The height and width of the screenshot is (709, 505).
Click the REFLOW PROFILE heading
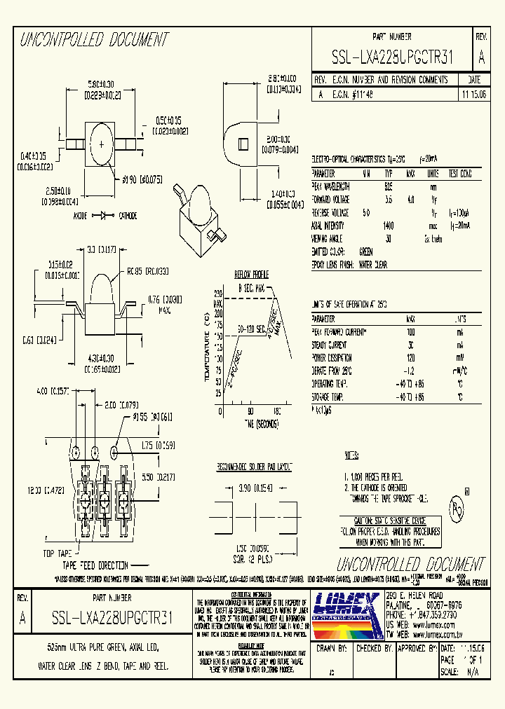[x=251, y=275]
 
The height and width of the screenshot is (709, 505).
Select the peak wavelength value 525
[x=388, y=187]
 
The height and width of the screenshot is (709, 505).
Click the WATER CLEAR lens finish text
[x=372, y=265]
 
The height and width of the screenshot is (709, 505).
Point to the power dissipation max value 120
[x=411, y=358]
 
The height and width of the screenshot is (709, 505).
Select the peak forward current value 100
[x=411, y=331]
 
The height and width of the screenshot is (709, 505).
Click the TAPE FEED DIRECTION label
[x=95, y=565]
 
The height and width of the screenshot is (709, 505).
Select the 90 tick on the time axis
[x=249, y=412]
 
